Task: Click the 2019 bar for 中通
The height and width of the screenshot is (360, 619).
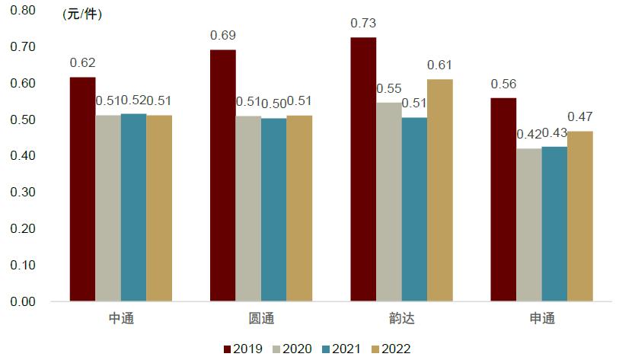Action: pos(83,190)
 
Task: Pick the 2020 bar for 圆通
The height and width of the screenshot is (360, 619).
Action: pos(248,209)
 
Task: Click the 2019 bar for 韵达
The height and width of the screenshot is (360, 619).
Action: pos(363,169)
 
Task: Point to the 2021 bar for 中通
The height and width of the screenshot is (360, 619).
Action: pos(133,207)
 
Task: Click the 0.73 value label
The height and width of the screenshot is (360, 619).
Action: pos(363,23)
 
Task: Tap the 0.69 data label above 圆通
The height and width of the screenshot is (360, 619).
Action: pos(223,36)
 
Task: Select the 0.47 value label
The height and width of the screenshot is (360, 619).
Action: pos(580,117)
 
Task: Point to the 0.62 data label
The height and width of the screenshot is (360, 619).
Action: pos(82,63)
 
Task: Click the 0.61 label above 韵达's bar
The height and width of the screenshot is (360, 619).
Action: pos(440,65)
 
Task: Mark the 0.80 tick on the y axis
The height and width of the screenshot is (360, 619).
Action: pos(23,11)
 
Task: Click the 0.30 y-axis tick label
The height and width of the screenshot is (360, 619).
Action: pos(23,193)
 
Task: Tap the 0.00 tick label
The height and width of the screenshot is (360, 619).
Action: pos(23,302)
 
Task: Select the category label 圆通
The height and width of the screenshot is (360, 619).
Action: pos(261,318)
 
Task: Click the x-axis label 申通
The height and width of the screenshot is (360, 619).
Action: pos(541,318)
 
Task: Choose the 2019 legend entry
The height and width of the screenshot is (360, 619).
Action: pos(243,349)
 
